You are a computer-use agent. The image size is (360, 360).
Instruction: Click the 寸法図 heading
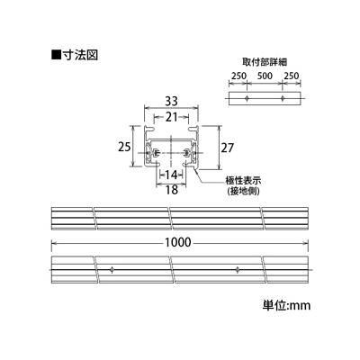pyautogui.click(x=80, y=55)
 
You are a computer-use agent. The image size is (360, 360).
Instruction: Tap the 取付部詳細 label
pyautogui.click(x=265, y=62)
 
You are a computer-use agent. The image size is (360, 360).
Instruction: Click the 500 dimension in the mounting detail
pyautogui.click(x=265, y=76)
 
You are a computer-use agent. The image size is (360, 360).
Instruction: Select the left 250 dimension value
pyautogui.click(x=238, y=76)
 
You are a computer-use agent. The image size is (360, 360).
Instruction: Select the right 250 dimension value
pyautogui.click(x=292, y=76)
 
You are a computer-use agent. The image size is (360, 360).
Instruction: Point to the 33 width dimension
pyautogui.click(x=172, y=102)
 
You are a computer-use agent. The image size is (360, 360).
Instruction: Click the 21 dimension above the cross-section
pyautogui.click(x=172, y=117)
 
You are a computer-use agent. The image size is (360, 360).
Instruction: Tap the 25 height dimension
pyautogui.click(x=124, y=147)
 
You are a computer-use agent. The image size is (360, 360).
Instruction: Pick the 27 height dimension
pyautogui.click(x=227, y=148)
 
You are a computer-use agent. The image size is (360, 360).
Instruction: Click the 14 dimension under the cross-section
pyautogui.click(x=172, y=175)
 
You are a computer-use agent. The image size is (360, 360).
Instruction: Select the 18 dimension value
pyautogui.click(x=172, y=190)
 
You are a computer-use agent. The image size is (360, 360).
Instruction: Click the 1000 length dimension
pyautogui.click(x=178, y=242)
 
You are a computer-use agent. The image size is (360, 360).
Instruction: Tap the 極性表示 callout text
pyautogui.click(x=243, y=181)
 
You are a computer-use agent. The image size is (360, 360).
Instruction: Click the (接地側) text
pyautogui.click(x=243, y=191)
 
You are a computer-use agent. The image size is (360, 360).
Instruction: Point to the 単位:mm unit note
pyautogui.click(x=286, y=305)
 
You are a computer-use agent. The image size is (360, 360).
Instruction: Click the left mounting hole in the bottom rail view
pyautogui.click(x=112, y=270)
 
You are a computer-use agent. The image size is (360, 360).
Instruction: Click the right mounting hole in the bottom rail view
pyautogui.click(x=238, y=270)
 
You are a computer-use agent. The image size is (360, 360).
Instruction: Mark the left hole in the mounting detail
pyautogui.click(x=247, y=98)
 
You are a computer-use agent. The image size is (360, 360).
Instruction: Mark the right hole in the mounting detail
pyautogui.click(x=283, y=98)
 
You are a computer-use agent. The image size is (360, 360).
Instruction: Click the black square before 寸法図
pyautogui.click(x=56, y=55)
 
